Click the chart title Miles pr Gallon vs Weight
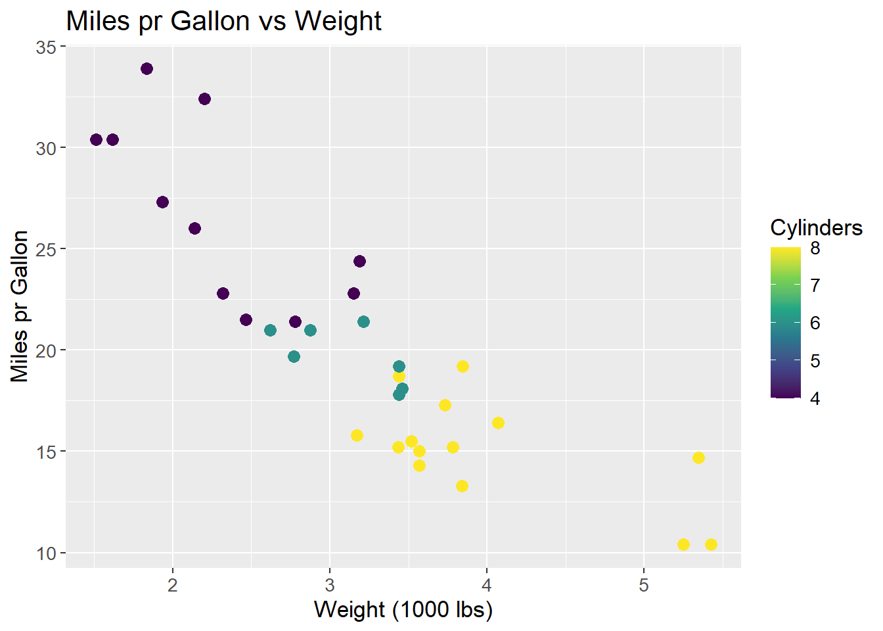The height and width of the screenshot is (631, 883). click(x=223, y=22)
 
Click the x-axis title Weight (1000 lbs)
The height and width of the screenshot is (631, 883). click(x=403, y=610)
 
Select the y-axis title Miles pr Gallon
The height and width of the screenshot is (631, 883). click(x=20, y=306)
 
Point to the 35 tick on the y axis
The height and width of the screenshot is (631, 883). click(x=46, y=47)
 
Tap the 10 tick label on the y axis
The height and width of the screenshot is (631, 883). click(x=46, y=553)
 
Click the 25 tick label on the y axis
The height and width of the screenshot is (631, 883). click(x=46, y=249)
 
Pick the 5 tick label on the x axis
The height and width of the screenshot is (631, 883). click(x=643, y=585)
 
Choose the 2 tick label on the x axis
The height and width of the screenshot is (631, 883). click(x=173, y=585)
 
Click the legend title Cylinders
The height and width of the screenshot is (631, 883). click(x=816, y=228)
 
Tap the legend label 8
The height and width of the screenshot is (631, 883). click(x=815, y=248)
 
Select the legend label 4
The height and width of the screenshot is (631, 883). click(x=815, y=398)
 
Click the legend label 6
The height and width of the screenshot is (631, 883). click(x=815, y=323)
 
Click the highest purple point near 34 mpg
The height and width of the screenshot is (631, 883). click(x=147, y=69)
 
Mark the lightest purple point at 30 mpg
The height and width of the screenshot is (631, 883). click(x=96, y=139)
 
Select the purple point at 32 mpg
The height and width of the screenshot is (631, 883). click(x=204, y=99)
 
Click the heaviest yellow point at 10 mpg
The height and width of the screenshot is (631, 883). click(x=711, y=544)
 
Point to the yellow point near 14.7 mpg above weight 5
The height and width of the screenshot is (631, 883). click(x=698, y=457)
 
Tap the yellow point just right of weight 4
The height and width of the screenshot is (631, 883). click(x=498, y=423)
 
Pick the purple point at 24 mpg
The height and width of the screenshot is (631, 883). click(x=359, y=262)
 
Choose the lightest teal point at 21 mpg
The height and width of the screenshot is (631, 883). click(x=270, y=330)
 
